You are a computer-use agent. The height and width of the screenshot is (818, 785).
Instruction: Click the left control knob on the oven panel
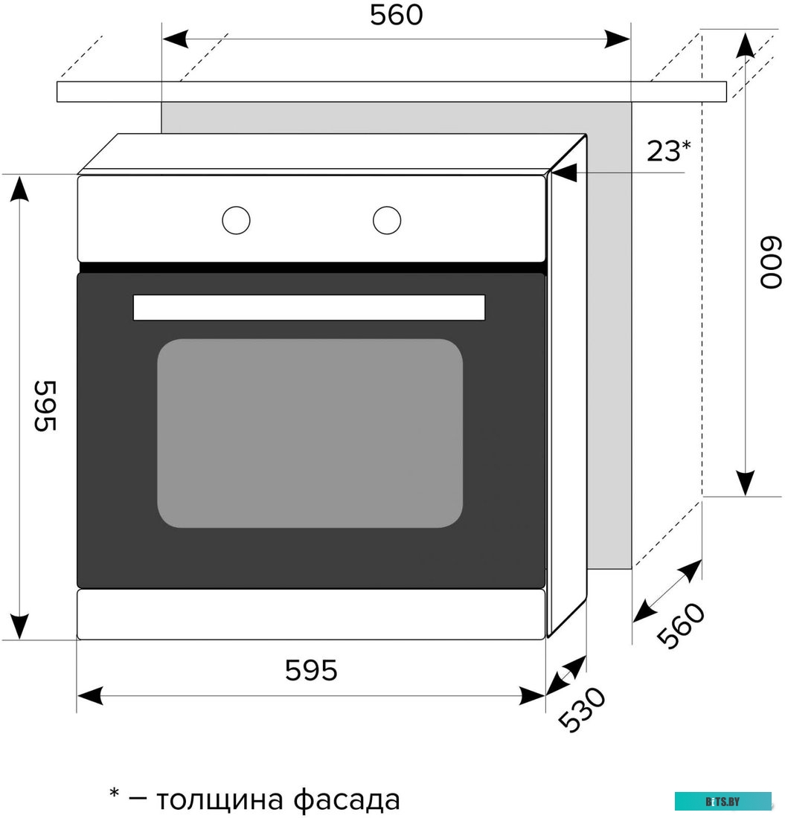(x=236, y=220)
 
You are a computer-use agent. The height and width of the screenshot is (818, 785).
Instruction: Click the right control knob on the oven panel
(x=387, y=220)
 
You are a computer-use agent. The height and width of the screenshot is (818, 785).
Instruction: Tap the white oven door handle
(x=309, y=307)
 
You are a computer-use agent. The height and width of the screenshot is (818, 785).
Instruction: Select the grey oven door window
(x=310, y=433)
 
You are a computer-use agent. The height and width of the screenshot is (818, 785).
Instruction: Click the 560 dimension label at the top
(x=396, y=16)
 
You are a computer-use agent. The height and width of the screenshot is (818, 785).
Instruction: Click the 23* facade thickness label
(x=668, y=151)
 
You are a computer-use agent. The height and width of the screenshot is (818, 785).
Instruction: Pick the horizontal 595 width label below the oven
(x=311, y=671)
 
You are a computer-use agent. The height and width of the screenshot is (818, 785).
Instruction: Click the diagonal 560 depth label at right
(x=680, y=625)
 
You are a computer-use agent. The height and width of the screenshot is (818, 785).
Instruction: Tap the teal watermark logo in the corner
(x=722, y=801)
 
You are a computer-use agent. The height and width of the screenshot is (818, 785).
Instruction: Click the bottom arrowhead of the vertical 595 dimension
(x=19, y=626)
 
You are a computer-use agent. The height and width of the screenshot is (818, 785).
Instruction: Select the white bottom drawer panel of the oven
(x=311, y=614)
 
